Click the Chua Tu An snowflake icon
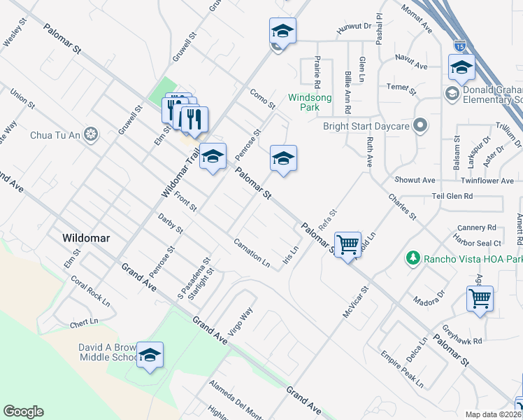91,134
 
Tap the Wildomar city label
86,238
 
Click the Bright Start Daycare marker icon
420,126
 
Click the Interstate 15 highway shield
459,45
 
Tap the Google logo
24,412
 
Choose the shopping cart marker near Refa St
348,246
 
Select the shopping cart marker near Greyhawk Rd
480,299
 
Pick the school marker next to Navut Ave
461,68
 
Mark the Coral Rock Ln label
90,290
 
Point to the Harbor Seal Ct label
479,243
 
